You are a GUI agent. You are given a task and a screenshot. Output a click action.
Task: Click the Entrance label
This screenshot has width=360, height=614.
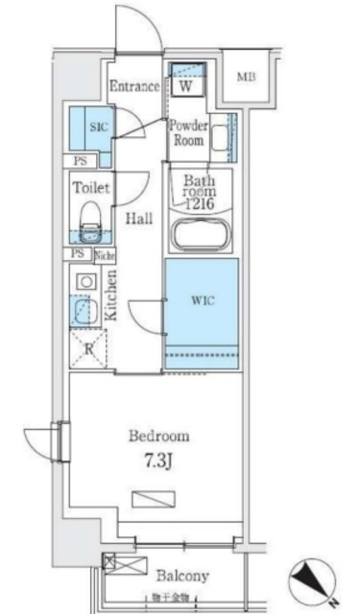(x=133, y=86)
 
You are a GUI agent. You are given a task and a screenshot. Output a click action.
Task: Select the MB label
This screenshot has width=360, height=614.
(x=248, y=77)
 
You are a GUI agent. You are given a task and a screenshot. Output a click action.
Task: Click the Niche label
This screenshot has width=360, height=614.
(x=104, y=254)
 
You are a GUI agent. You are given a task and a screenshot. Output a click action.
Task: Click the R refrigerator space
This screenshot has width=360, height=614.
(x=87, y=347)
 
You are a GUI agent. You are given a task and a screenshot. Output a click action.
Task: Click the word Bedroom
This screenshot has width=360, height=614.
(x=158, y=436)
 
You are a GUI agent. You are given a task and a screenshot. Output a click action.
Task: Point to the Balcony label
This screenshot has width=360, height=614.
(x=182, y=577)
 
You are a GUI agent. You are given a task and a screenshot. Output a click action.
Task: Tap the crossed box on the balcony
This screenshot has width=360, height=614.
(x=111, y=563)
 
